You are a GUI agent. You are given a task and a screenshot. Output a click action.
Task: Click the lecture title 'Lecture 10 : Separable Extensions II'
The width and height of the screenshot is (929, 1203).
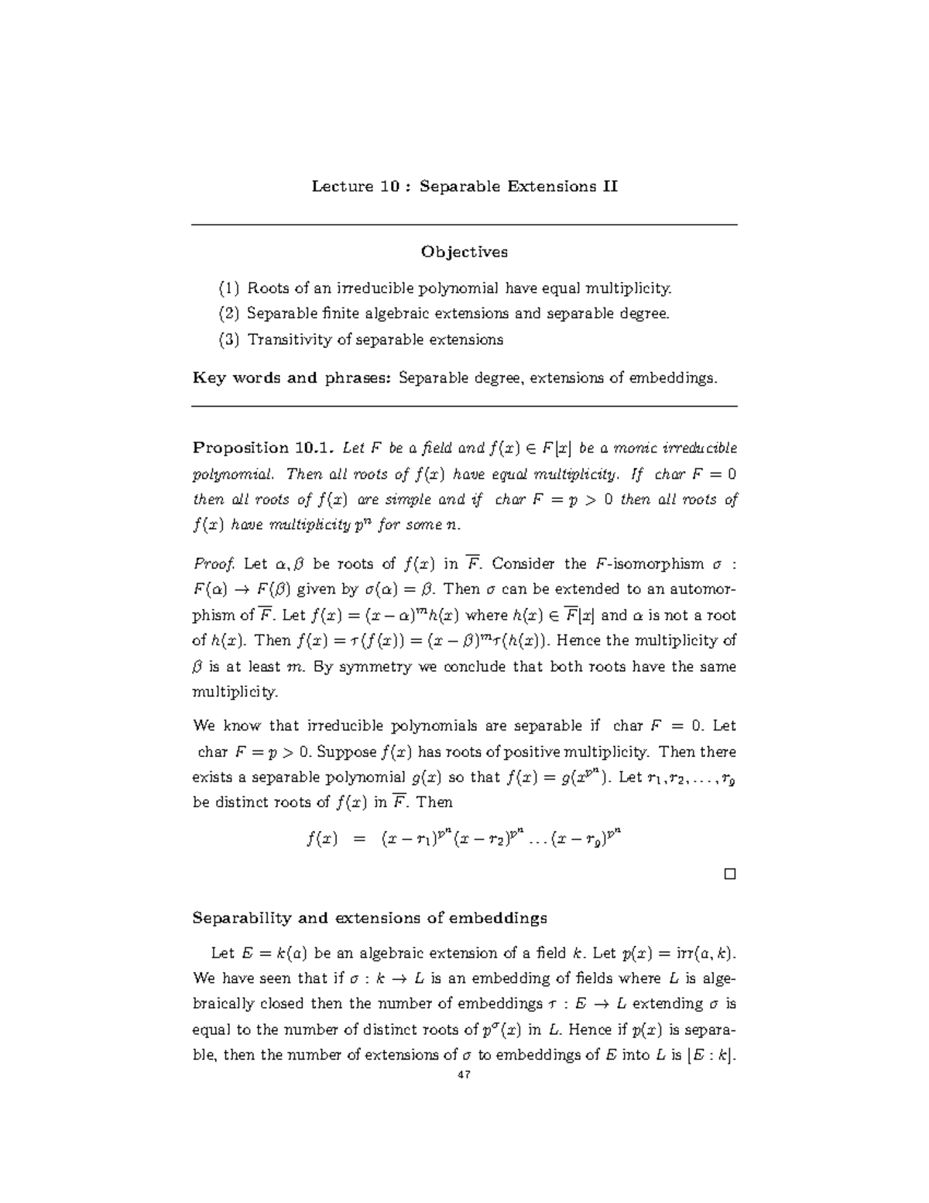(464, 187)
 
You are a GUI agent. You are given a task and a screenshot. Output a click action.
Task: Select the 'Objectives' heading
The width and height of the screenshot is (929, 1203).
(464, 252)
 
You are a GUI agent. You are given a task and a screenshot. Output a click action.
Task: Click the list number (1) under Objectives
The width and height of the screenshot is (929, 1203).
(229, 289)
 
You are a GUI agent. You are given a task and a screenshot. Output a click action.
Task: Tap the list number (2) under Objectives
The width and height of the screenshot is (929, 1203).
(229, 314)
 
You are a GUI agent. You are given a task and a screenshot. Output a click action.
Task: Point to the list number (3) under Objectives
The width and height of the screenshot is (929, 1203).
(229, 339)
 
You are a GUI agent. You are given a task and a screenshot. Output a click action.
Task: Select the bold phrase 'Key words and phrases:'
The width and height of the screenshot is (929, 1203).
(293, 378)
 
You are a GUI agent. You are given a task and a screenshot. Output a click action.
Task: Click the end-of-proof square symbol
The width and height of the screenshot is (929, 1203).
(728, 875)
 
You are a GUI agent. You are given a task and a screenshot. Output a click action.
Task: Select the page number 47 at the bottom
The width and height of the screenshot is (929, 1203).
(464, 1075)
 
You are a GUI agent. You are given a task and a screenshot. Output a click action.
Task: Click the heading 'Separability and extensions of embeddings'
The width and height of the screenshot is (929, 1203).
(369, 918)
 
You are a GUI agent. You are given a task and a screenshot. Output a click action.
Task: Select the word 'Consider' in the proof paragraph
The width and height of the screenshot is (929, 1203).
(524, 564)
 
